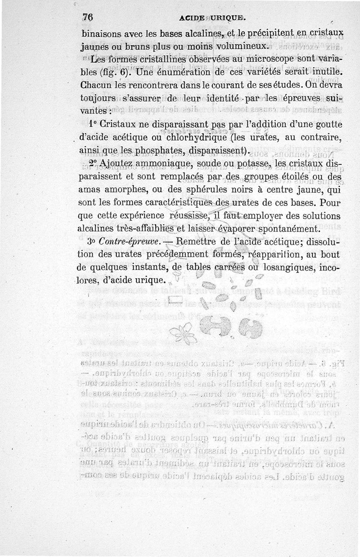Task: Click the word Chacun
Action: coord(96,84)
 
